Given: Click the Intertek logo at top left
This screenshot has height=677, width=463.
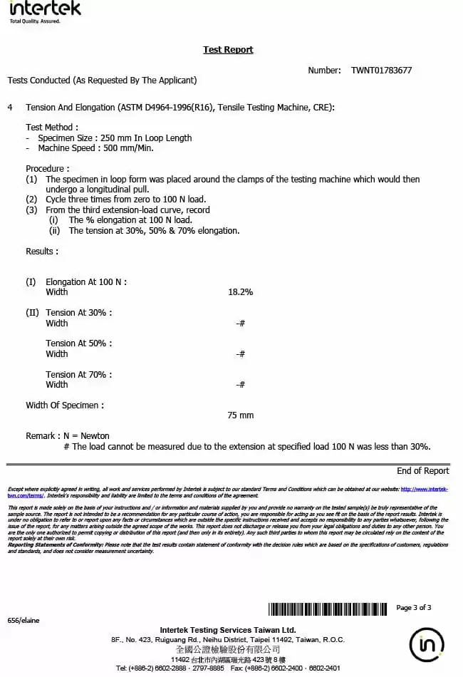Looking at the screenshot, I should coord(45,11).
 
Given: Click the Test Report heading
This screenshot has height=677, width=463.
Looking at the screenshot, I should coord(228,50).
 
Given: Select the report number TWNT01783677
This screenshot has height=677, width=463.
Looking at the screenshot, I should coord(381,71).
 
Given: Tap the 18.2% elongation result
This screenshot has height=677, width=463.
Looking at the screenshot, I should coord(240,292).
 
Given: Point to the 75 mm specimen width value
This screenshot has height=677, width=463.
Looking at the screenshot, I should coord(240,415).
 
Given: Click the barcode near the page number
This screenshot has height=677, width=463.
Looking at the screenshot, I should coord(329,609).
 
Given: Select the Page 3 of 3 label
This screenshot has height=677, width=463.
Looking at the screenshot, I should coord(413,608).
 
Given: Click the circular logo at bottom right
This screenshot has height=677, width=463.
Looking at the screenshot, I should coord(427,646).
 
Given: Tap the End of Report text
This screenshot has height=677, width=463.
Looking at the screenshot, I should coord(422,470).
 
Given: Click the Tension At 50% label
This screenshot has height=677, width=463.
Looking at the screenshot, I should coord(78,343).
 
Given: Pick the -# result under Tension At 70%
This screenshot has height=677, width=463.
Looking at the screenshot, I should coord(240,385).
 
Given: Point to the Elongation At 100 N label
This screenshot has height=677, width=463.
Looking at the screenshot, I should coord(85,282).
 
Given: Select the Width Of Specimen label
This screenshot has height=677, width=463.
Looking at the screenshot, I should coord(65,405).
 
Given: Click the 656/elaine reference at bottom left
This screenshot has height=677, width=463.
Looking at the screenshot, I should coord(24,621).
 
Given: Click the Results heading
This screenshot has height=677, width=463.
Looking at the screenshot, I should coord(42,252).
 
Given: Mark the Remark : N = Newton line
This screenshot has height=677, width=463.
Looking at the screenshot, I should coord(68,436).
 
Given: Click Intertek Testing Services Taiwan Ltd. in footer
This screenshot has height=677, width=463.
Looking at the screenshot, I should coord(228,630).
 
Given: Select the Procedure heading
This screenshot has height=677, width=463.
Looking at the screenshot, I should coord(48,169).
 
